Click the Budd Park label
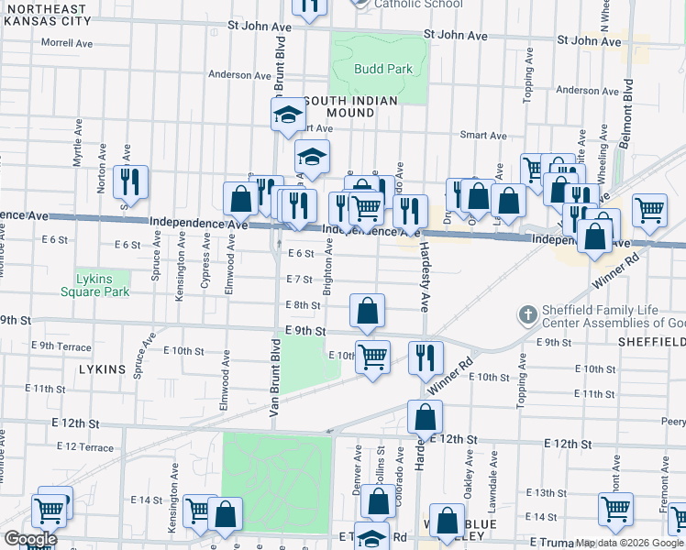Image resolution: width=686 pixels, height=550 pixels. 383,69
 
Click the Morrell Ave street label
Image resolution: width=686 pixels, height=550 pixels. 67,43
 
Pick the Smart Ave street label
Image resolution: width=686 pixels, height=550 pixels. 483,136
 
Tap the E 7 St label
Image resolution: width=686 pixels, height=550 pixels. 300,279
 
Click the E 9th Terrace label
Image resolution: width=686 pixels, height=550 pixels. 61,346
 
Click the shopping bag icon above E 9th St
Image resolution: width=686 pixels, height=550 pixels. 367,311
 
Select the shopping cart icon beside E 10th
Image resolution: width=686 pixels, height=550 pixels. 372,357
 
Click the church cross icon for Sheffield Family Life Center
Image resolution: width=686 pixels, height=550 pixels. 527,315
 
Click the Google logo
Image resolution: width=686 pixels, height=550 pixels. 30,539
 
